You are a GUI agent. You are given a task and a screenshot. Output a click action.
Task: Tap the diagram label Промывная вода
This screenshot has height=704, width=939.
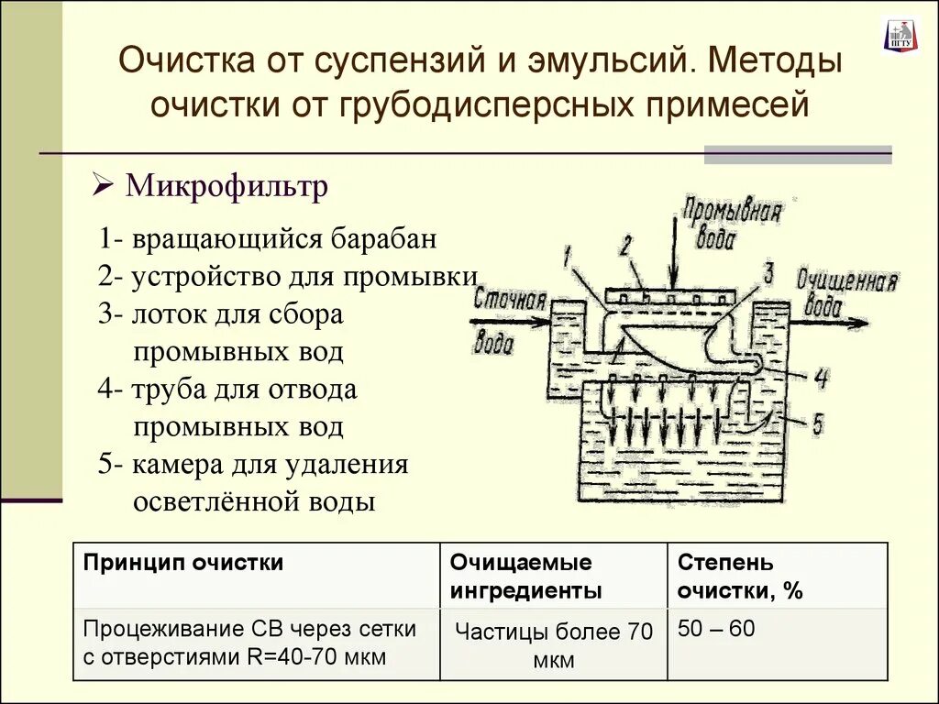tap(732, 225)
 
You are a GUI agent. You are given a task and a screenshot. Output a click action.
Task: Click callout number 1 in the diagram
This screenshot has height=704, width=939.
tap(567, 259)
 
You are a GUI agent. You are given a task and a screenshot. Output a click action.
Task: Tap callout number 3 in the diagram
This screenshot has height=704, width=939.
tap(768, 272)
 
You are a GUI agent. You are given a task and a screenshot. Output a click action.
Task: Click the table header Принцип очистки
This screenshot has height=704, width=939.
tap(183, 563)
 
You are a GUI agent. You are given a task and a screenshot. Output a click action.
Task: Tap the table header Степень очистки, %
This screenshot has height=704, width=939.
tap(740, 576)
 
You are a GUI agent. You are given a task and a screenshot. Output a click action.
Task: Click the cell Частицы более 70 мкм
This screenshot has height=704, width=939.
tap(553, 645)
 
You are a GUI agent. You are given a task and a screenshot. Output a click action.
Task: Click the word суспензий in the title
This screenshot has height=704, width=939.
tap(407, 64)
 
